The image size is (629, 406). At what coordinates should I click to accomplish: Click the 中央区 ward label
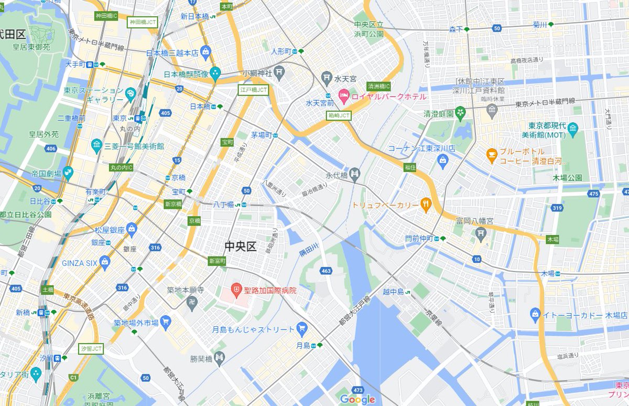click(240, 246)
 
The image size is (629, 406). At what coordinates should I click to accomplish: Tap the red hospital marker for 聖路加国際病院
click(237, 290)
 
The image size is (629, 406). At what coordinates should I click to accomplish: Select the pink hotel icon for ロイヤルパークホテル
click(344, 96)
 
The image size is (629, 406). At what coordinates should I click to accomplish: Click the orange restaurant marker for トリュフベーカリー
click(426, 205)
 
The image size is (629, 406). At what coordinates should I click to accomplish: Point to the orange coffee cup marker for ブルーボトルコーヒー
click(491, 154)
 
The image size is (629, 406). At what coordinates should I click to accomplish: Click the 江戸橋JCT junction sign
click(253, 90)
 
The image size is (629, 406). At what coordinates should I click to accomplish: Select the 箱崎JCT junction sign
click(339, 115)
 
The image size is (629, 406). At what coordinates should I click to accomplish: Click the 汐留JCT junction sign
click(91, 348)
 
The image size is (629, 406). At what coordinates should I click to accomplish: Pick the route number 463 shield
click(326, 271)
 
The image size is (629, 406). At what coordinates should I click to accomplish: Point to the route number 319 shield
click(557, 208)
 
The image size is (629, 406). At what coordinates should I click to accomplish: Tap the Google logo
click(357, 399)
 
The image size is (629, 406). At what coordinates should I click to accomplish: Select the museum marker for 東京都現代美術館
click(572, 127)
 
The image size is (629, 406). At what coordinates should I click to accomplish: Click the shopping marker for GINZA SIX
click(106, 262)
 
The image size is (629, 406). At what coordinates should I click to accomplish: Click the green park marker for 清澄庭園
click(460, 112)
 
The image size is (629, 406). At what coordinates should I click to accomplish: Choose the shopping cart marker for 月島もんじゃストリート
click(301, 329)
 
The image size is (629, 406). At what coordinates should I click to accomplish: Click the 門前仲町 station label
click(420, 238)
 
